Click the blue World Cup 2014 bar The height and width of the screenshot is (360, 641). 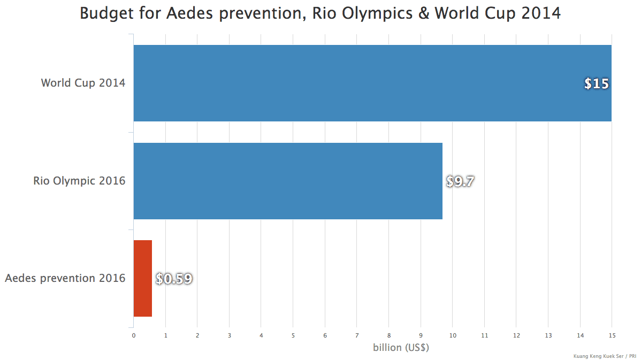click(372, 83)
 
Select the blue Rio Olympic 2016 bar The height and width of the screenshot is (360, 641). click(288, 181)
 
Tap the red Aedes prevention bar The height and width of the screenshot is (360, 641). click(142, 278)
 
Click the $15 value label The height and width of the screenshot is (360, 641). click(596, 84)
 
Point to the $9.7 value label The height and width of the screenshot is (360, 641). click(460, 181)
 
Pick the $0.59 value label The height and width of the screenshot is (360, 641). click(174, 279)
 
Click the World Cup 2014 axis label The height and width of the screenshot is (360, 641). click(83, 83)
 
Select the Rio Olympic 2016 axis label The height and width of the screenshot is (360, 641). click(79, 181)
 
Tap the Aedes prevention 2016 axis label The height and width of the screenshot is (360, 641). click(65, 278)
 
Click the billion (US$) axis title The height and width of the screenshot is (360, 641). click(401, 347)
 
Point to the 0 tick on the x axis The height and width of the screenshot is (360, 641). click(134, 335)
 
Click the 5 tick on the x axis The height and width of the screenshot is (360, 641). click(293, 335)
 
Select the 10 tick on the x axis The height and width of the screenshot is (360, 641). click(453, 335)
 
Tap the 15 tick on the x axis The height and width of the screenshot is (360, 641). click(612, 335)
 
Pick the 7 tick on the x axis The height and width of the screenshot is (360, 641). click(357, 335)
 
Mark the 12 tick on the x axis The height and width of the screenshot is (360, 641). click(516, 335)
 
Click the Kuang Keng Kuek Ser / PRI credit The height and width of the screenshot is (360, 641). click(604, 355)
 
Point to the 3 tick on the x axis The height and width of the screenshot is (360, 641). click(230, 335)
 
